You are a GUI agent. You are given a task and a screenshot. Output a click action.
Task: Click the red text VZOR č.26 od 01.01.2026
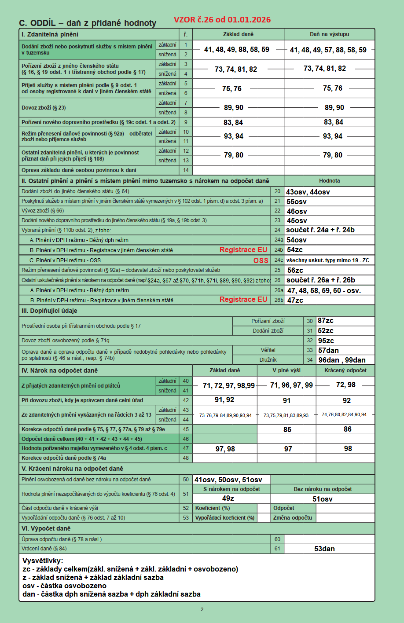[222, 20]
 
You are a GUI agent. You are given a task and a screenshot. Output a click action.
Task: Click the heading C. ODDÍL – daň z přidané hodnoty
[88, 23]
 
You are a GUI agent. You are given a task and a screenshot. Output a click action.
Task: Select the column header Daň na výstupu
[329, 34]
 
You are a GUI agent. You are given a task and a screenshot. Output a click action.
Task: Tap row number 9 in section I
[186, 122]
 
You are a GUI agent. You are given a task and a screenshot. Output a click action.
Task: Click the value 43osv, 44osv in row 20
[308, 192]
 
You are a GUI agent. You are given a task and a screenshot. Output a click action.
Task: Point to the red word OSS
[261, 260]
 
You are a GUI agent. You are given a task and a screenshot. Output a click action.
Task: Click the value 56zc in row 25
[295, 270]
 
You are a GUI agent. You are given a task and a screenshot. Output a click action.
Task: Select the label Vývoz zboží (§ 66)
[43, 211]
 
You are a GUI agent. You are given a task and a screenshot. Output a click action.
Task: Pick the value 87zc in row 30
[326, 321]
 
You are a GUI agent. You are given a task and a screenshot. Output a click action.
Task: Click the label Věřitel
[268, 350]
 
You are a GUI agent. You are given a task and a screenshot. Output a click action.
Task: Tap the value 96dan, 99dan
[342, 360]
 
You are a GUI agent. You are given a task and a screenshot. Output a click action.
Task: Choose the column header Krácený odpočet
[345, 370]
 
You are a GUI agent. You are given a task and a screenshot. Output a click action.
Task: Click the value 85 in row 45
[287, 429]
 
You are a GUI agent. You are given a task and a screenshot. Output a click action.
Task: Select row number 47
[186, 448]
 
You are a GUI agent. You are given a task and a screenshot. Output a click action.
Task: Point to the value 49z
[228, 498]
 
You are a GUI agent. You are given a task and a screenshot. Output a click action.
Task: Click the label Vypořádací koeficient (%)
[225, 518]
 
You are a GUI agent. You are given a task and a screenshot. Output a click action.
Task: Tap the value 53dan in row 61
[324, 549]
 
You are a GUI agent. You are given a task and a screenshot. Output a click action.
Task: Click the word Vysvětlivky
[43, 561]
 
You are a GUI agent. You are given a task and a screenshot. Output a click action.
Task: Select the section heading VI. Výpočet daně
[46, 529]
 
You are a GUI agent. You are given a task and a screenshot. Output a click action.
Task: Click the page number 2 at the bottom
[202, 609]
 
